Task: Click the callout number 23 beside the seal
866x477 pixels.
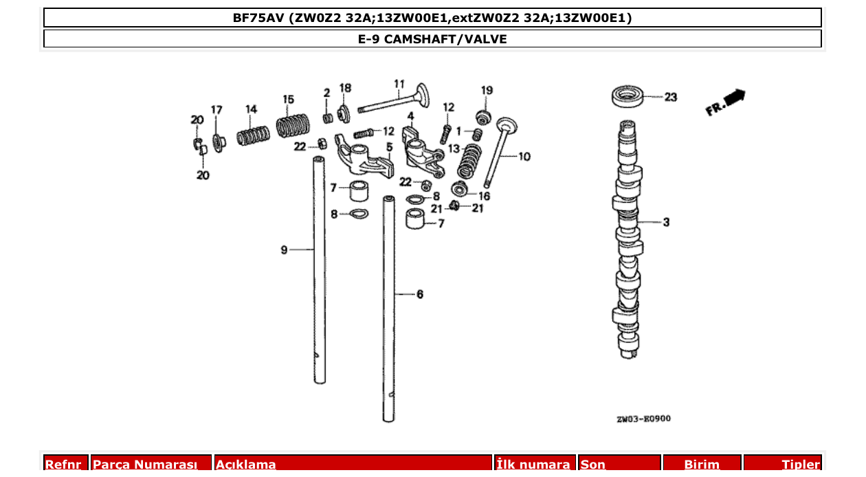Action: point(670,98)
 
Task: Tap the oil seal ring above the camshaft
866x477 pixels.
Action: point(629,96)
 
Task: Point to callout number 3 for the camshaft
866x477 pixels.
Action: point(666,222)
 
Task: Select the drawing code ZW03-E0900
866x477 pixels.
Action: point(643,419)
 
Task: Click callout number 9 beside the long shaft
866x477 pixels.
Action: point(284,250)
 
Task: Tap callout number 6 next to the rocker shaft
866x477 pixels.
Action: point(419,294)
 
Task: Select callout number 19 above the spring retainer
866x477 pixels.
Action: point(487,90)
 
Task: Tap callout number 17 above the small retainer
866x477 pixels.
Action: point(216,110)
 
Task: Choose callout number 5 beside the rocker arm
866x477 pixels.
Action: point(389,146)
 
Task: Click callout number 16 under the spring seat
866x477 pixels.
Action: point(484,196)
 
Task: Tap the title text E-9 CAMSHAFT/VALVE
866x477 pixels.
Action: point(432,39)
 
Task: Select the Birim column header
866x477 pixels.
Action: point(701,465)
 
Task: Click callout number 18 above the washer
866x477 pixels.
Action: point(345,88)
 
